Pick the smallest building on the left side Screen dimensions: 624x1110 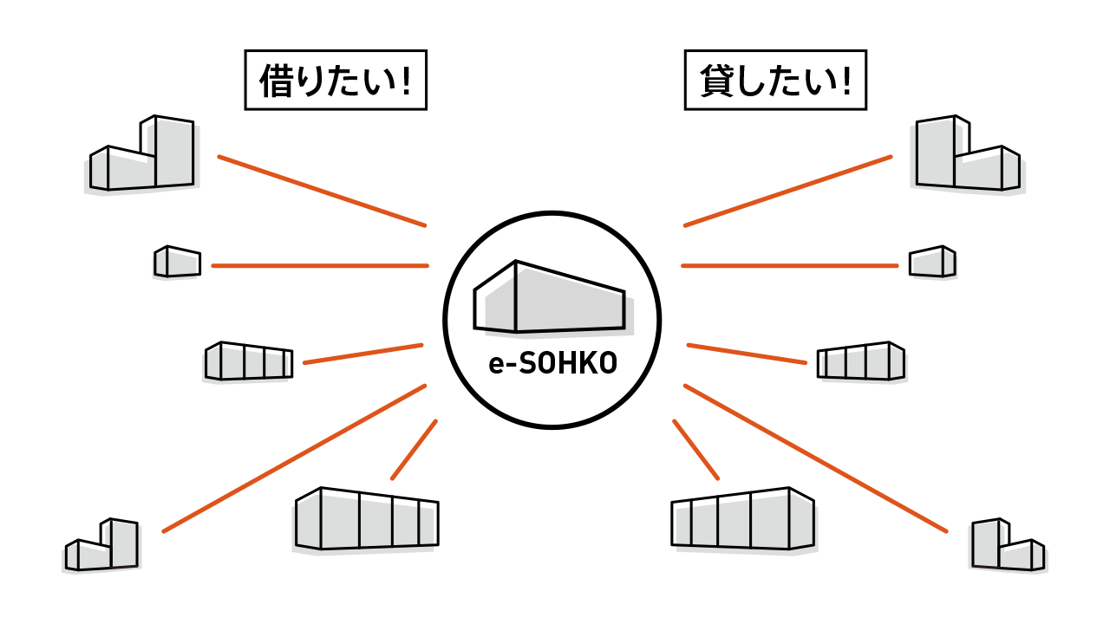(x=175, y=264)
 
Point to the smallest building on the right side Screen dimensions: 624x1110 (x=935, y=264)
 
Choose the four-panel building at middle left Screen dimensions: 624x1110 (x=245, y=364)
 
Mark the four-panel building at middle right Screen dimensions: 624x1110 (x=864, y=364)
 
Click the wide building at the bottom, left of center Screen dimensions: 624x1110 (x=363, y=523)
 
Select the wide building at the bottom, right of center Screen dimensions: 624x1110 (x=746, y=523)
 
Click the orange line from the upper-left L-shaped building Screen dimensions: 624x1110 (x=322, y=191)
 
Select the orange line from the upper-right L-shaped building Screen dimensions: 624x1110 (x=787, y=191)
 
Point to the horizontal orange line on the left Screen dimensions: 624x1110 (x=320, y=266)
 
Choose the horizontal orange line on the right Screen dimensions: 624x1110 (x=789, y=266)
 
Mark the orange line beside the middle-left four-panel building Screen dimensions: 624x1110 (x=362, y=354)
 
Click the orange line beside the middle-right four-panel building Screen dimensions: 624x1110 (x=747, y=354)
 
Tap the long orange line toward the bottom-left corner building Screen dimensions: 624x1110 (x=295, y=458)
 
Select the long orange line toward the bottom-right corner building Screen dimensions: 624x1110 (x=815, y=458)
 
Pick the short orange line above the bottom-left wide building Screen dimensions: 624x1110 (x=414, y=450)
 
